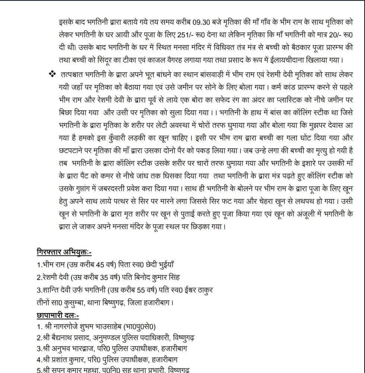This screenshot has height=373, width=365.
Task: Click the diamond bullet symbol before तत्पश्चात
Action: click(x=52, y=74)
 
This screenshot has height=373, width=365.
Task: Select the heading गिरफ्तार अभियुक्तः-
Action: click(x=64, y=252)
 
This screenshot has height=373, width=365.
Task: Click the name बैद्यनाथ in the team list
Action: click(x=63, y=338)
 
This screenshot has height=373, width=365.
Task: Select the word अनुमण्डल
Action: click(x=108, y=338)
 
